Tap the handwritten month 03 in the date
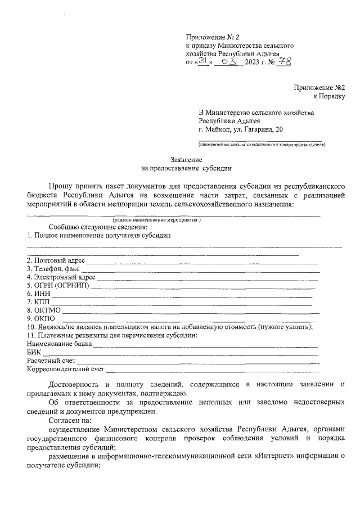[232, 61]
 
